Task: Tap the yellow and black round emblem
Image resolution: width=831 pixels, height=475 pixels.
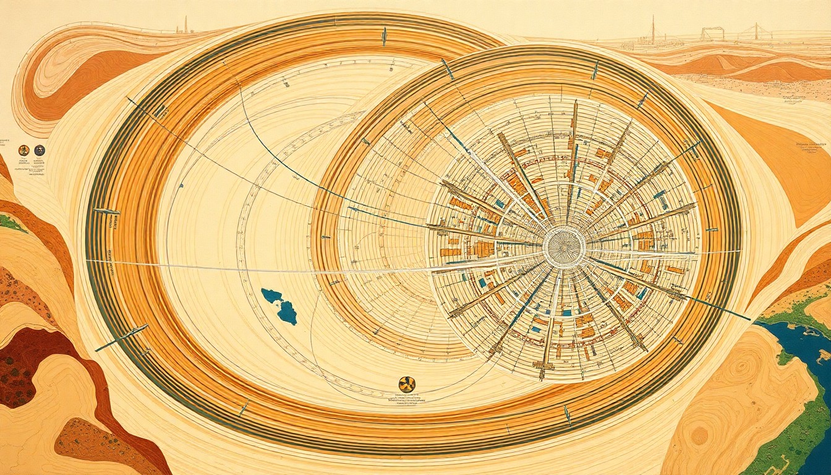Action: [x=407, y=384]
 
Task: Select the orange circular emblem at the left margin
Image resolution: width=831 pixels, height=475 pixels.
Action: [x=24, y=150]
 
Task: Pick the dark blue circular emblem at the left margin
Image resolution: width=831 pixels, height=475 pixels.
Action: [x=40, y=150]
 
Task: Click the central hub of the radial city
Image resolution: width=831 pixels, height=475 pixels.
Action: [x=563, y=247]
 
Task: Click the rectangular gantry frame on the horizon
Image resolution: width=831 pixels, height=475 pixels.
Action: [x=712, y=33]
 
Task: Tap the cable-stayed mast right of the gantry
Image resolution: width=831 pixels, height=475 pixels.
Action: [x=755, y=32]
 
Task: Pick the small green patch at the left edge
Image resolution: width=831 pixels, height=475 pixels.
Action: [x=10, y=222]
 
